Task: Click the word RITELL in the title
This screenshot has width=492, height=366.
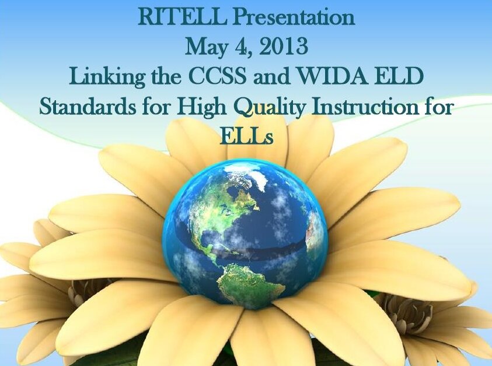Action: (182, 17)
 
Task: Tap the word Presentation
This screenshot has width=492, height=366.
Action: (294, 18)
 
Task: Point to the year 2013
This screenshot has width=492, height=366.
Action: (283, 47)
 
